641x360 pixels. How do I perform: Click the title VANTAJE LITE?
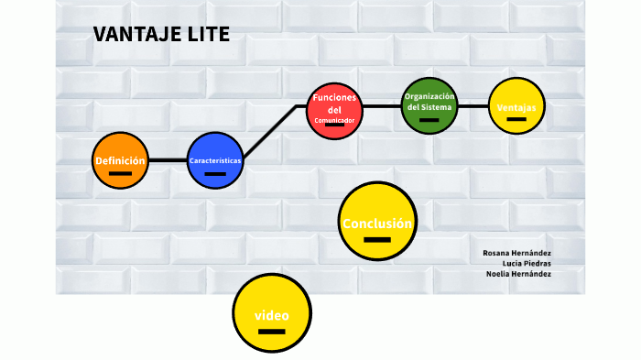161,35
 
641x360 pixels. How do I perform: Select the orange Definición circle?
120,161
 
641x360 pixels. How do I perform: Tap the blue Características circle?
215,161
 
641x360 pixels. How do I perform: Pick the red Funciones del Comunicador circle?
334,110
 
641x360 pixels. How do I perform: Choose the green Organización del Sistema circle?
429,106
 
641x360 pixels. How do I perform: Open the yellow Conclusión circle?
376,221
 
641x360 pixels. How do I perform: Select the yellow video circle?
272,312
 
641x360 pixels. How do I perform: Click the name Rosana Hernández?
516,253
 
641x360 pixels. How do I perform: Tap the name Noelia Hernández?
518,274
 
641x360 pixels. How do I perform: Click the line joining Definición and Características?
168,160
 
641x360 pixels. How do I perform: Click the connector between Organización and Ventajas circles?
473,106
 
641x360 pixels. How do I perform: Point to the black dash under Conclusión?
376,240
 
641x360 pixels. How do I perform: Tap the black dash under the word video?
272,332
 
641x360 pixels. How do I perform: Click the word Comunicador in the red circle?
334,120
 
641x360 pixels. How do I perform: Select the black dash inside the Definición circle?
120,173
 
